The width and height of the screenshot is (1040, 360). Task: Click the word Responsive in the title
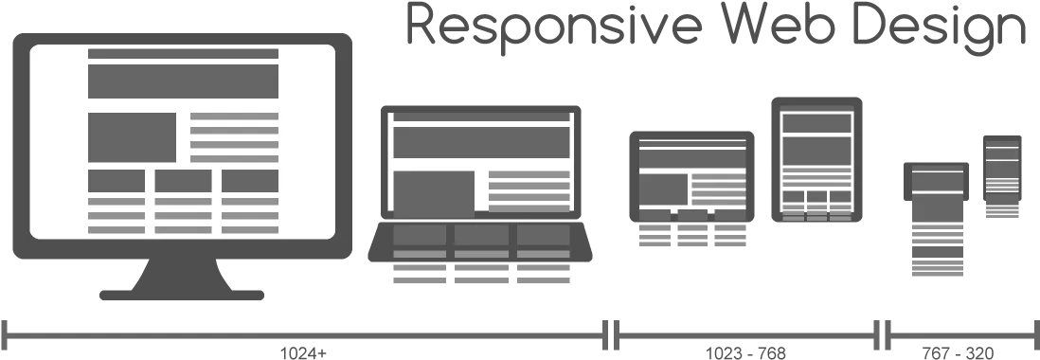tap(554, 26)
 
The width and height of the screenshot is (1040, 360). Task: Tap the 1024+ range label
tap(303, 352)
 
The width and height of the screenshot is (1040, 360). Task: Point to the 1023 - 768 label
tap(744, 352)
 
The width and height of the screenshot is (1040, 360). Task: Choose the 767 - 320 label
tap(958, 352)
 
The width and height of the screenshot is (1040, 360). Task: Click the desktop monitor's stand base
tap(182, 295)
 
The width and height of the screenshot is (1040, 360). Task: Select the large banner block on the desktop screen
tap(183, 81)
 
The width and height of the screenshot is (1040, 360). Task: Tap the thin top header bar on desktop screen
tap(183, 54)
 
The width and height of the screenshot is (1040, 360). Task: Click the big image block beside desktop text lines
tap(132, 137)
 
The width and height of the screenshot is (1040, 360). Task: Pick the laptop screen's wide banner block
tap(481, 142)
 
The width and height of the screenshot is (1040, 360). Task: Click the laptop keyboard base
tap(480, 242)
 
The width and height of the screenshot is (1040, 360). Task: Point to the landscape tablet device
tap(691, 176)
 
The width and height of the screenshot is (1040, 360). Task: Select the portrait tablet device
tap(816, 159)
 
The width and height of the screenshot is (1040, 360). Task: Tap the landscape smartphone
tap(936, 181)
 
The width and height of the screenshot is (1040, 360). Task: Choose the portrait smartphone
tap(1002, 168)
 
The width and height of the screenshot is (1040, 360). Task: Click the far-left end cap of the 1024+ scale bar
tap(4, 334)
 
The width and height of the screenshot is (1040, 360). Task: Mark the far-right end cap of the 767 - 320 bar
tap(1036, 334)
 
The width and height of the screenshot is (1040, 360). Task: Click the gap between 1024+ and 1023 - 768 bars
tap(611, 334)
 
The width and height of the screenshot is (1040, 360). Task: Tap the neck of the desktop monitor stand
tap(182, 274)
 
